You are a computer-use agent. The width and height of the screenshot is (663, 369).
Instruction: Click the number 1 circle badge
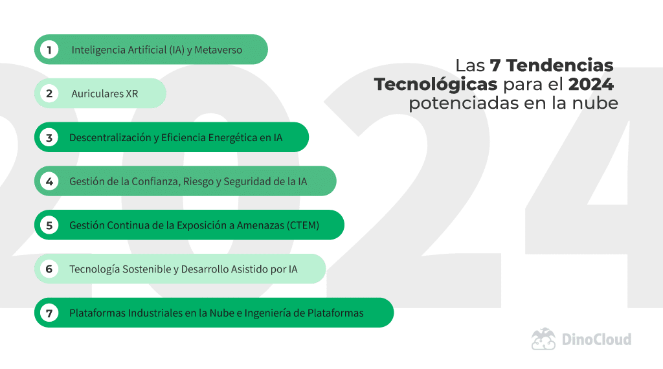click(49, 50)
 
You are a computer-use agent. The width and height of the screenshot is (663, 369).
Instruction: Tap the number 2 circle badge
click(49, 94)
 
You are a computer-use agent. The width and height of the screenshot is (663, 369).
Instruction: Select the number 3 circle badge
click(49, 137)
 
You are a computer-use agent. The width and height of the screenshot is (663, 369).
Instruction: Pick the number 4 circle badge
click(49, 181)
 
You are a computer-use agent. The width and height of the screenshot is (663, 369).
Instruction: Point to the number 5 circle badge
click(49, 225)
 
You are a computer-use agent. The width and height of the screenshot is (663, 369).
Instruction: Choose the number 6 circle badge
click(49, 269)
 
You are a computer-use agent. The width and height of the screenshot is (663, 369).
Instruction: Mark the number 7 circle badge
click(49, 313)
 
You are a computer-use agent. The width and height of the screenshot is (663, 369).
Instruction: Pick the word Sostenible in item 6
click(145, 269)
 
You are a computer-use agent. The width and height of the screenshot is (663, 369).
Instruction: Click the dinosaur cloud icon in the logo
click(544, 339)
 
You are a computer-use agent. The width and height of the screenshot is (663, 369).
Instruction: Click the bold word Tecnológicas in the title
click(436, 85)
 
